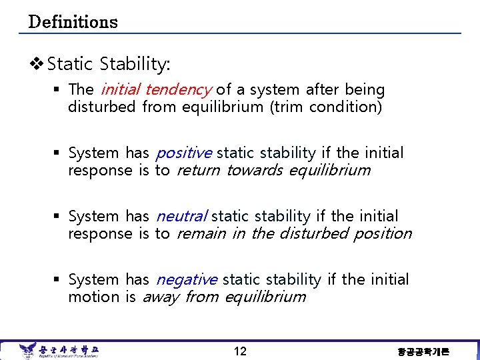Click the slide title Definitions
tap(73, 22)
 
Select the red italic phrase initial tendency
tap(155, 89)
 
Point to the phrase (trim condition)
tap(325, 107)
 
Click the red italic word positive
tap(183, 153)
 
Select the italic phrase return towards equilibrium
tap(273, 170)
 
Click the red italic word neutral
tap(181, 216)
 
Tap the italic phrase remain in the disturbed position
tap(294, 233)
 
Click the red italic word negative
tap(186, 279)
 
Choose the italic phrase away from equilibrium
tap(224, 297)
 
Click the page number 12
tap(240, 351)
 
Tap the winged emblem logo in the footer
tap(27, 350)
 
